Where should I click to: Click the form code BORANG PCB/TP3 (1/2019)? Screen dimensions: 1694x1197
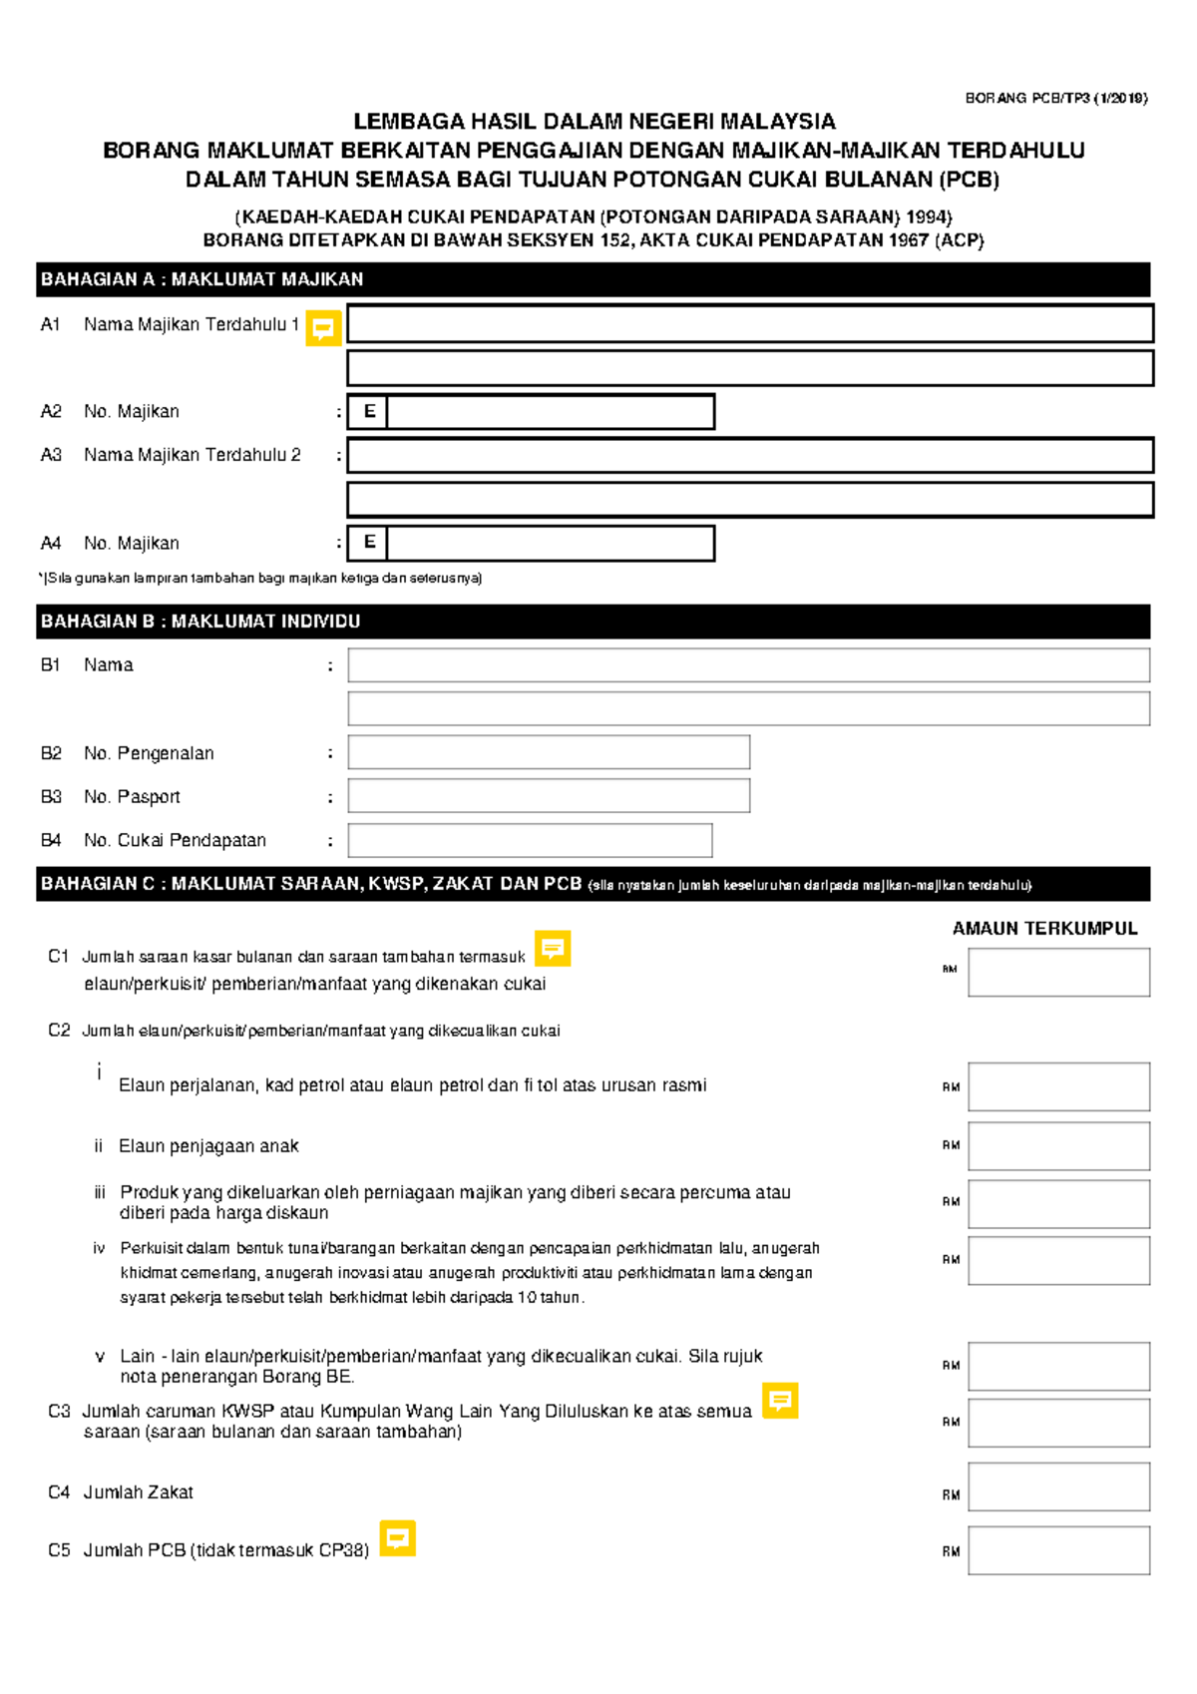point(1055,98)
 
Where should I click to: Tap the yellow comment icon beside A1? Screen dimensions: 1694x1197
point(323,327)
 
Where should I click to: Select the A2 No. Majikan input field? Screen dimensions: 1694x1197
point(550,412)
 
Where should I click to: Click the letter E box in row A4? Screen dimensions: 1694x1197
point(368,543)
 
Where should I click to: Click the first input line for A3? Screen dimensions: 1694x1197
point(749,455)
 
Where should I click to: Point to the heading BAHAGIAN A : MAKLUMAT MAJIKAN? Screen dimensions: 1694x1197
point(201,279)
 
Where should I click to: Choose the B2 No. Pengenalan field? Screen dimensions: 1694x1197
point(549,752)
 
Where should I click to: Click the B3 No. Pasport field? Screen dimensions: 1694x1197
point(549,796)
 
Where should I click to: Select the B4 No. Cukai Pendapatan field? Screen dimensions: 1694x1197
point(530,840)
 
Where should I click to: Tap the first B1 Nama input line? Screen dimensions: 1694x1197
point(748,665)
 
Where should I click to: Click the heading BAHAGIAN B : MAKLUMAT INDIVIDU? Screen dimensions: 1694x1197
point(200,622)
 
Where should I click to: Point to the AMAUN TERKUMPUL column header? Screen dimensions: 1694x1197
point(1044,928)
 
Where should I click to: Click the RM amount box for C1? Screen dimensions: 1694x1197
point(1058,972)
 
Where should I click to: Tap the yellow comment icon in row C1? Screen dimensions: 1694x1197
point(553,949)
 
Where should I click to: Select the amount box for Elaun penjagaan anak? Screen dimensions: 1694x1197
point(1058,1145)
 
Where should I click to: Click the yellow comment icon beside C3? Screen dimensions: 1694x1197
point(780,1401)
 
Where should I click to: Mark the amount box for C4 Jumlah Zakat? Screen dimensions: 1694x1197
point(1058,1486)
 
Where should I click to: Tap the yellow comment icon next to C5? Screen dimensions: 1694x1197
point(397,1538)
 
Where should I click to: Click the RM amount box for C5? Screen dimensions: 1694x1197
point(1058,1550)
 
